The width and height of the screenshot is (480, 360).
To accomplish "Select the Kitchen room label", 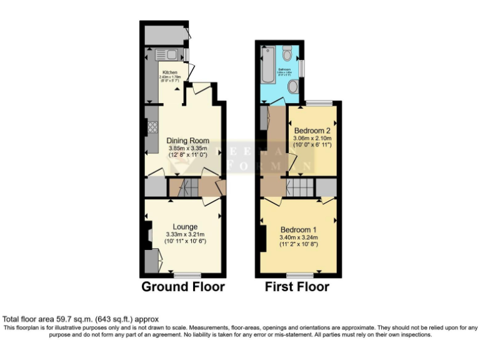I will coord(171,72).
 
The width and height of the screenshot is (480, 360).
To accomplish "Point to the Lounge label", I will coord(185,226).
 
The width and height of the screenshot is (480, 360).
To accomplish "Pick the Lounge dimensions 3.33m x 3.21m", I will coord(185,234).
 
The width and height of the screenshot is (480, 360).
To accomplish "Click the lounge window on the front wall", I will coord(187,274).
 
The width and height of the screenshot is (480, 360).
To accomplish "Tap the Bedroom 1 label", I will coord(299,229).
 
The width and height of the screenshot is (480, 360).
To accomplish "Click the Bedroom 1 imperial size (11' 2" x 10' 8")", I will coord(299,244).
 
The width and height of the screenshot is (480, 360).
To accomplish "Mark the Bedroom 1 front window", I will coord(301,274).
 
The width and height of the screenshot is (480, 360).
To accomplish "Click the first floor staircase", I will coord(299,187).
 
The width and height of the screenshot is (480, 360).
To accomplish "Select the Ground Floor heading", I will coord(183,287).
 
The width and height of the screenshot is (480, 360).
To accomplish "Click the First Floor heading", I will coord(297,287).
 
